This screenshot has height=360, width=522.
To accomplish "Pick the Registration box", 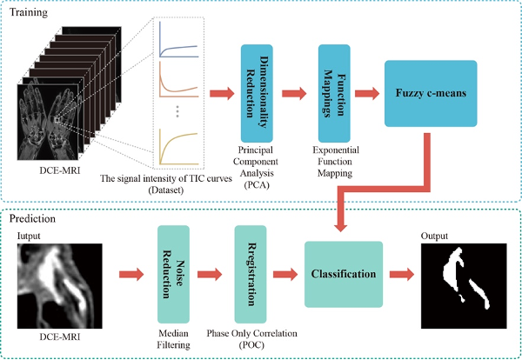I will click(x=249, y=273).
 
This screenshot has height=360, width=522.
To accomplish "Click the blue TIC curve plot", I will click(x=181, y=40).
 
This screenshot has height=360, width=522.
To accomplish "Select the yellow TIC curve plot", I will click(x=181, y=143).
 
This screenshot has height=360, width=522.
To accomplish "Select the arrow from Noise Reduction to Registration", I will click(x=211, y=275).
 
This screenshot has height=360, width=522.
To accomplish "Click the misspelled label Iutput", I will click(x=29, y=236).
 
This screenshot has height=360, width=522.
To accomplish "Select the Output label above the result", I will click(x=437, y=237).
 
